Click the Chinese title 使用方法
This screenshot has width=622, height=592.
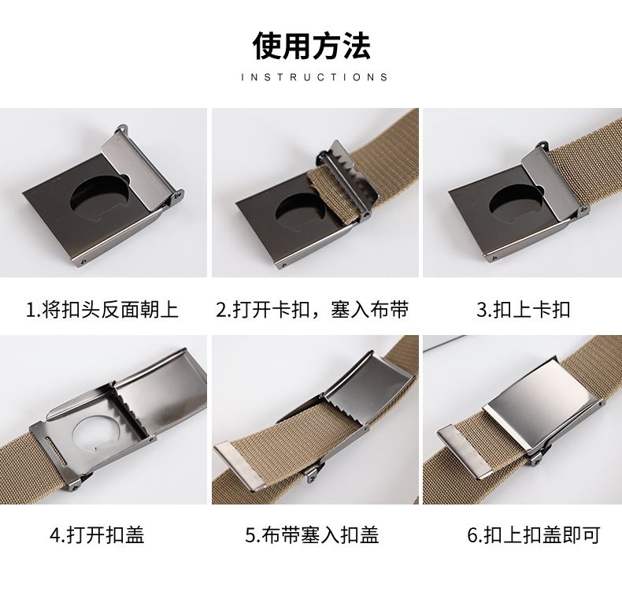pyautogui.click(x=311, y=47)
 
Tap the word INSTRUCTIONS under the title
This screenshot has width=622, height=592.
pyautogui.click(x=314, y=77)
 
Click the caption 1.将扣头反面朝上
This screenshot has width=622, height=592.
pyautogui.click(x=102, y=309)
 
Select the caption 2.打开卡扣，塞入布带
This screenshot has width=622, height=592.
pyautogui.click(x=313, y=309)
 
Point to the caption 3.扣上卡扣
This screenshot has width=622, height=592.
pyautogui.click(x=523, y=309)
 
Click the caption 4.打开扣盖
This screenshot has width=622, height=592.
pyautogui.click(x=97, y=536)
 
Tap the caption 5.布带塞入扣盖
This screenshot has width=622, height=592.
pyautogui.click(x=312, y=536)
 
